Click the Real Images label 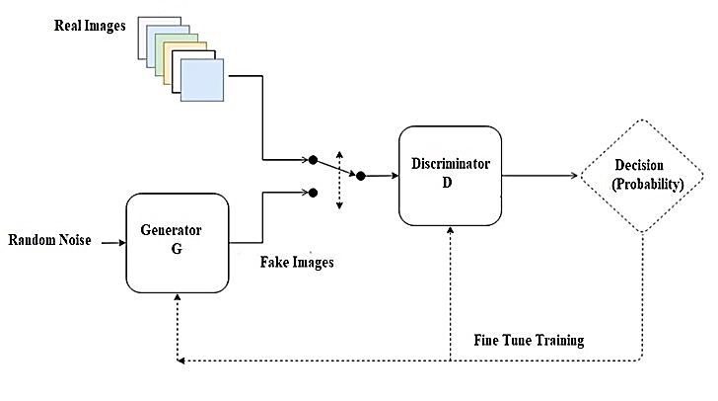90,25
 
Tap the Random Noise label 49,240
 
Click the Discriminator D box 450,175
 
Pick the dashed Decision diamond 642,177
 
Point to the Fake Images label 297,263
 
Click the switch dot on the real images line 313,159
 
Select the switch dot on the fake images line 313,193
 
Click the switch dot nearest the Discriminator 360,176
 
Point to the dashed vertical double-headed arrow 339,179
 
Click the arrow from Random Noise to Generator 109,240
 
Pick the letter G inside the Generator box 178,248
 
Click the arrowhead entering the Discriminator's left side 393,176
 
